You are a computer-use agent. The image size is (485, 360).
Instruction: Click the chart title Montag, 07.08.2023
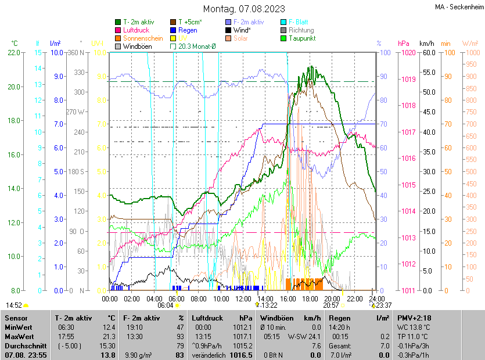244,9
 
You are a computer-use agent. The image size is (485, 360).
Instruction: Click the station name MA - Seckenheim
458,8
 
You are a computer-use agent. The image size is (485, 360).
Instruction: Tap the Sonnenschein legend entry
143,38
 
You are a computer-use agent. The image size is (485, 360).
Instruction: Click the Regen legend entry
188,30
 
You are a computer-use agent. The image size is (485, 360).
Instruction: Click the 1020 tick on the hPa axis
408,53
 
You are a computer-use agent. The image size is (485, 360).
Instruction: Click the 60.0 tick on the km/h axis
427,53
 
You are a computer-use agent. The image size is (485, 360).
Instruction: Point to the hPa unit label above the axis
404,44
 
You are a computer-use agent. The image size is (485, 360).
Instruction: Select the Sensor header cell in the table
17,318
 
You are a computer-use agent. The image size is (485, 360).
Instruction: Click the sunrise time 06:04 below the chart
166,305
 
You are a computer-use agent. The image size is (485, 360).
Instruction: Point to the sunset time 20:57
331,305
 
